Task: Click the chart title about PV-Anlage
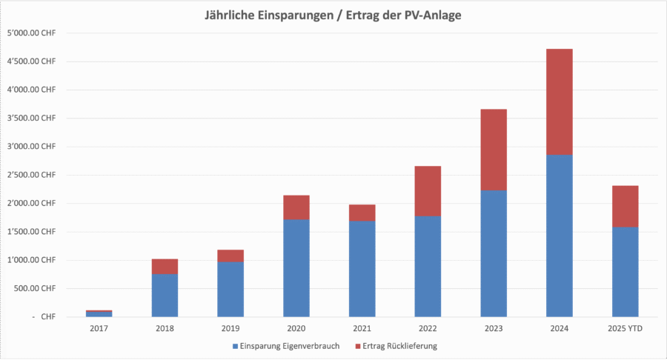[x=333, y=16]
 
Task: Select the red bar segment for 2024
[x=560, y=101]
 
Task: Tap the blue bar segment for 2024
[x=560, y=236]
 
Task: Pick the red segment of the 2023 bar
[x=494, y=150]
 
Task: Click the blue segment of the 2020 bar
[x=297, y=268]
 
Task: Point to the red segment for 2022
[x=428, y=190]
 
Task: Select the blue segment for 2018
[x=165, y=295]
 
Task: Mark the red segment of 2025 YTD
[x=625, y=206]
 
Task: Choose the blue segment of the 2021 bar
[x=362, y=268]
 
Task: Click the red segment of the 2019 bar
[x=230, y=256]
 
